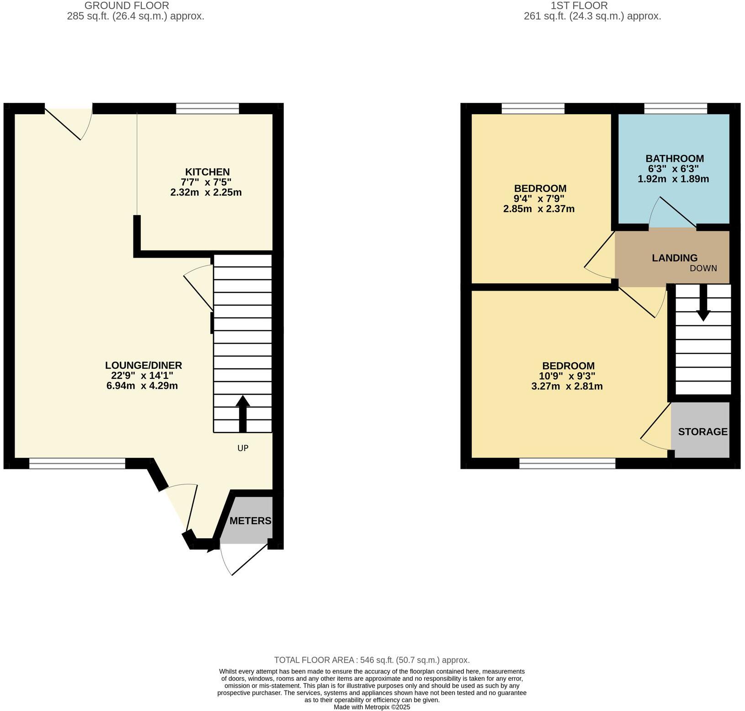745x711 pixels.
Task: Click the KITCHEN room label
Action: click(207, 172)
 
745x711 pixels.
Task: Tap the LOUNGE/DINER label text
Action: click(144, 366)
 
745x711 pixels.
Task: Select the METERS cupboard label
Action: click(250, 521)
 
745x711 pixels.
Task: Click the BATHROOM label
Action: click(674, 159)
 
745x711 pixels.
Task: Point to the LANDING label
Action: click(674, 258)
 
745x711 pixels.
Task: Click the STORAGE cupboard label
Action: click(702, 432)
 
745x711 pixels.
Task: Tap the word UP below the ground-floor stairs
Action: click(243, 448)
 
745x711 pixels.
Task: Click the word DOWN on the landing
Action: click(703, 268)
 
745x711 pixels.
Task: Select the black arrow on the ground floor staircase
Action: click(243, 414)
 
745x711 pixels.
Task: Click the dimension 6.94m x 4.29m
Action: click(142, 386)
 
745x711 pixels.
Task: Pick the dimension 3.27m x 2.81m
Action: click(567, 387)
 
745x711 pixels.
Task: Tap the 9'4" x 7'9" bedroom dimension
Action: click(539, 199)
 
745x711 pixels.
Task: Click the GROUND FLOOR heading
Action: click(127, 6)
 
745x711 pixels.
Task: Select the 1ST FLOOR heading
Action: click(579, 6)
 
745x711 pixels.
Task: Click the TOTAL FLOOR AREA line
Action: click(372, 660)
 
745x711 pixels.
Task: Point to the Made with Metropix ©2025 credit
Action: click(372, 707)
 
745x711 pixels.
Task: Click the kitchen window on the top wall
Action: click(208, 108)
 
